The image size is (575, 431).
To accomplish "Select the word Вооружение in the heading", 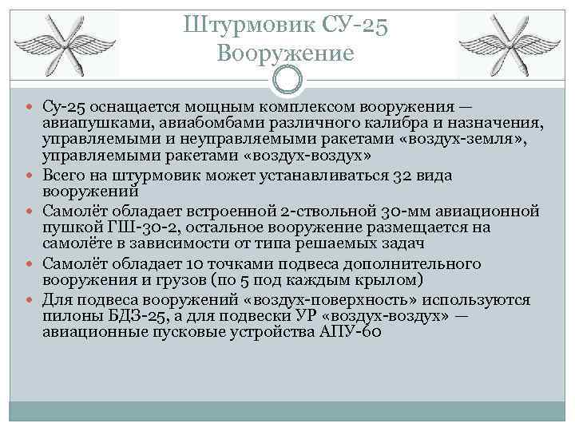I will pyautogui.click(x=284, y=53).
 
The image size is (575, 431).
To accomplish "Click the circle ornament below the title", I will pyautogui.click(x=288, y=80).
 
